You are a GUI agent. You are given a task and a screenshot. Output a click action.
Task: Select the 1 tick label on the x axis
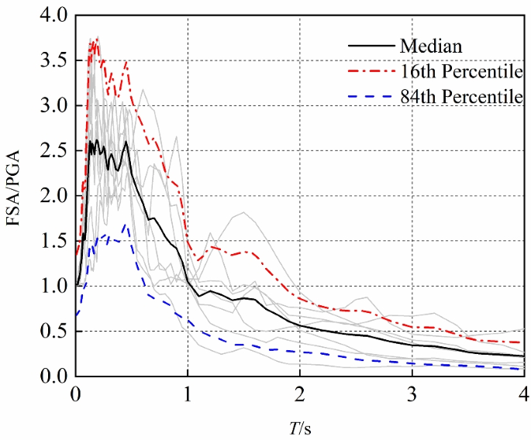(188, 392)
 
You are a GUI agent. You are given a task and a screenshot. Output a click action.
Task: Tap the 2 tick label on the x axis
(300, 392)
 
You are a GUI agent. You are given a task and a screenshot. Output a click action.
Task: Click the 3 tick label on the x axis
(412, 392)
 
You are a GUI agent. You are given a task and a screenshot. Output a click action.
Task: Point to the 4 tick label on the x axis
(523, 392)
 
